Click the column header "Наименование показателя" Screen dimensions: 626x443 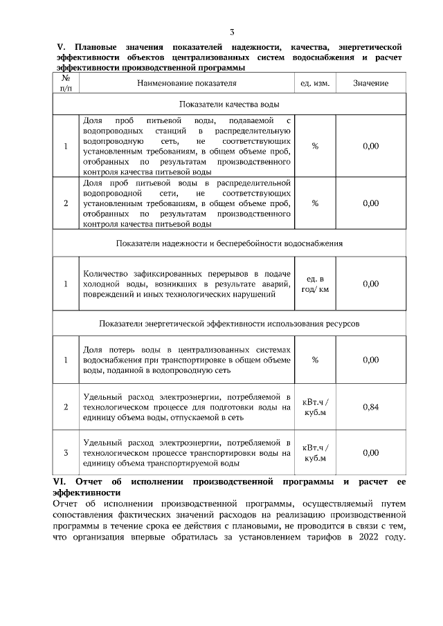tap(187, 83)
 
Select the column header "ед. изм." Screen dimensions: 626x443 tap(315, 83)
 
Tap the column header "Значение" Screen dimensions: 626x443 tap(370, 83)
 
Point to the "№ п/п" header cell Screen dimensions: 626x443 tap(66, 83)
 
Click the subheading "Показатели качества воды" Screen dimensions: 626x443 tap(229, 104)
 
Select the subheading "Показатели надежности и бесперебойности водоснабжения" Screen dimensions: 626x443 tap(229, 243)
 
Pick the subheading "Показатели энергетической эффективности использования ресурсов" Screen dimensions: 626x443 tap(229, 323)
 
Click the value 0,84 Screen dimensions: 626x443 tap(371, 407)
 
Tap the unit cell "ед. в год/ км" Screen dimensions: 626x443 tap(315, 284)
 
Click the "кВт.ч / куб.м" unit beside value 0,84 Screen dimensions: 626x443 tap(316, 407)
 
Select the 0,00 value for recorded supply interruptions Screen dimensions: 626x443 tap(371, 284)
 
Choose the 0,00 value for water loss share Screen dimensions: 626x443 tap(371, 360)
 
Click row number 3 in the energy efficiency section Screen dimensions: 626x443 tap(66, 453)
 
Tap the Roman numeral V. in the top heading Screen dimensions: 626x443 tap(59, 47)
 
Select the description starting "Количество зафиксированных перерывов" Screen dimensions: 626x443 tap(186, 284)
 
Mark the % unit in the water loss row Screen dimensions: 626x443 tap(315, 360)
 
